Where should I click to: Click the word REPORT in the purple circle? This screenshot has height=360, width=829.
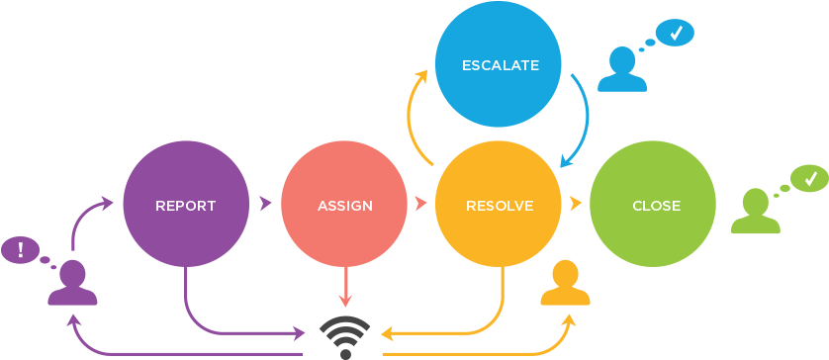[x=185, y=206]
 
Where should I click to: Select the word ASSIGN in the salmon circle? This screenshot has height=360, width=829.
[x=344, y=206]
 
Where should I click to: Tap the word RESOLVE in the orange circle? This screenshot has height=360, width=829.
[x=499, y=206]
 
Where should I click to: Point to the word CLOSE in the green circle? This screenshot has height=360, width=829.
[x=655, y=206]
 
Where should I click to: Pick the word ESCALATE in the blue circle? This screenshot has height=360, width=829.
[x=500, y=66]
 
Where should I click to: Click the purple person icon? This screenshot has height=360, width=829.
[x=72, y=283]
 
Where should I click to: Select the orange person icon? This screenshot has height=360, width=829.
[x=565, y=283]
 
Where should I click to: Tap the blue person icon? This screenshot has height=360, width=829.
[x=622, y=71]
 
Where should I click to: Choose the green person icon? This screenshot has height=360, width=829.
[x=755, y=213]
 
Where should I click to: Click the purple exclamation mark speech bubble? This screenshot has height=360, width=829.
[x=20, y=249]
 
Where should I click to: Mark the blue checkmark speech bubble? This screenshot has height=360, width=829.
[x=676, y=33]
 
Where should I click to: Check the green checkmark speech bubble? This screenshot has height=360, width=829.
[x=809, y=179]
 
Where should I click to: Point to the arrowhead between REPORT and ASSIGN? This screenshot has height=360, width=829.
[x=265, y=204]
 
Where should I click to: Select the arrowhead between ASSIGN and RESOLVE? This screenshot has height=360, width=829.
[x=421, y=204]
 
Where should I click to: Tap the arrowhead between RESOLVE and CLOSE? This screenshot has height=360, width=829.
[x=576, y=204]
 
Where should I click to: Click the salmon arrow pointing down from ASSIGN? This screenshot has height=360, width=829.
[x=344, y=288]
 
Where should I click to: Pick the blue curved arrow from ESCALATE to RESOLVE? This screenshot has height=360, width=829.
[x=584, y=119]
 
